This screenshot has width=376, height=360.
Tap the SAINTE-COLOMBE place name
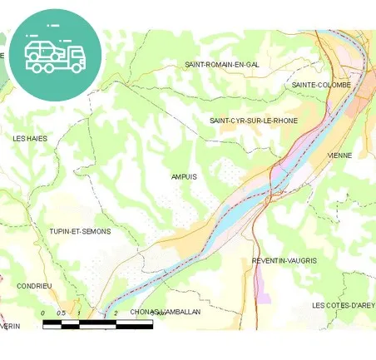321,85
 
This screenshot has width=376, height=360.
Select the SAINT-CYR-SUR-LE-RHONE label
253,121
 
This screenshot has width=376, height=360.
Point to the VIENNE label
339,155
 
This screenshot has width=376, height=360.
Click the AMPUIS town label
184,176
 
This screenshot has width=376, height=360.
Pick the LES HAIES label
30,138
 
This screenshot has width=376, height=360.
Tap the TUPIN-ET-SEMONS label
80,231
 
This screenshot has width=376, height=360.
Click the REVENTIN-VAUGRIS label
284,260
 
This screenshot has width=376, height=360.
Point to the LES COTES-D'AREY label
343,305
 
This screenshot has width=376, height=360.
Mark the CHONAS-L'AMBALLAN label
166,312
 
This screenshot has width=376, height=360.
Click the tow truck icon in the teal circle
56,55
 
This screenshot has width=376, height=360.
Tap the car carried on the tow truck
43,47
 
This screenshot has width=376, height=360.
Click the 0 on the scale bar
43,313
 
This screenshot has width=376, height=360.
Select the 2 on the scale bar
116,313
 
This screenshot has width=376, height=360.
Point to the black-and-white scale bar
97,324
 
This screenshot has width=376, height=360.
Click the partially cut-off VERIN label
10,327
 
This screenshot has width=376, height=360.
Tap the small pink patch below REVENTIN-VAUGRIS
263,289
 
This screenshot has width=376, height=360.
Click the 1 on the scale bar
79,313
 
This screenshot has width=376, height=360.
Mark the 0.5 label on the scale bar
60,313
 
